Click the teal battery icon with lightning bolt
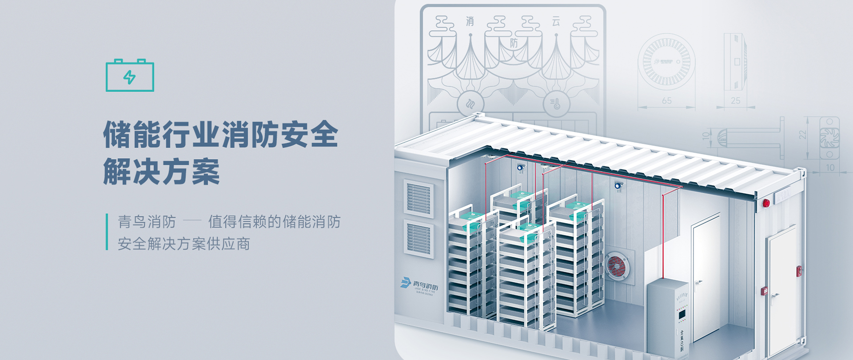130,76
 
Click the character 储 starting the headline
117,134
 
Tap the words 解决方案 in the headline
162,172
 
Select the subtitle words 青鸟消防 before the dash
147,222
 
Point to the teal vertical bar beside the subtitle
107,232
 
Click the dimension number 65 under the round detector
666,101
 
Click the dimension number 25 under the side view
736,101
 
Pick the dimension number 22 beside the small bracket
802,135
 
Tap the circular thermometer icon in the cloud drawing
556,104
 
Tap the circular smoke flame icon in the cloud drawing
470,104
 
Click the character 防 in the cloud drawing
514,43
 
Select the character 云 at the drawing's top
556,21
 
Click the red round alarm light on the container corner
766,203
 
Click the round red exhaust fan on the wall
617,265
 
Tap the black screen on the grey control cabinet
682,315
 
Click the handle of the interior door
699,282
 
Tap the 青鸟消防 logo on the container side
419,285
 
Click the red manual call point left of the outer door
765,291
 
